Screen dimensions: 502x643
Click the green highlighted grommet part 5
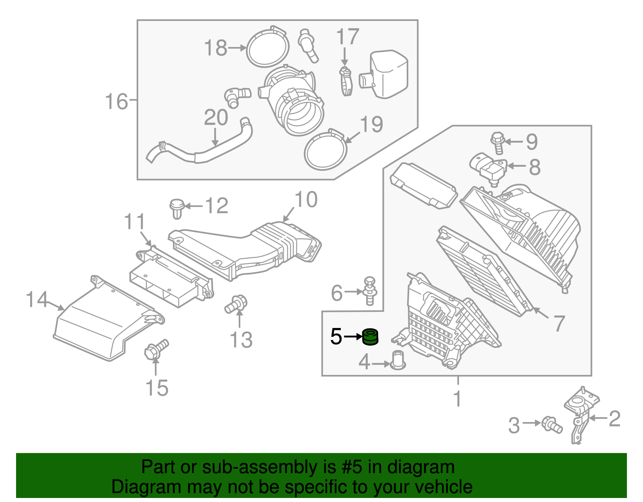point(370,337)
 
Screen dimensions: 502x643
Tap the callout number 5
point(336,337)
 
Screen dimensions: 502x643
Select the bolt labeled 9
point(497,143)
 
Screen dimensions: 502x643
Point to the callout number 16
point(116,101)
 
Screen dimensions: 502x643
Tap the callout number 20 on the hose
point(216,118)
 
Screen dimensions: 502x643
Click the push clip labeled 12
point(176,208)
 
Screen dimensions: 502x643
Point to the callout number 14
point(37,300)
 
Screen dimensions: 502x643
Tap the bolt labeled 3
point(551,424)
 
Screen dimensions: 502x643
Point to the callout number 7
point(559,324)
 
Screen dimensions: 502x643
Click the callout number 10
point(306,200)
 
